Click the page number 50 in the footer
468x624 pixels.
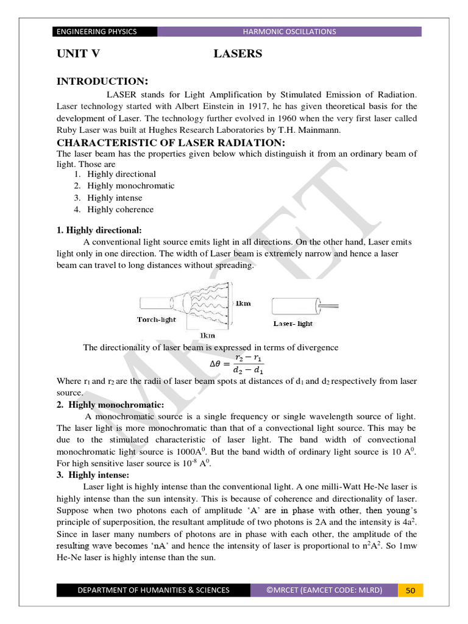410,590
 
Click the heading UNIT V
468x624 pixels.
78,54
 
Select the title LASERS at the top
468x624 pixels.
238,54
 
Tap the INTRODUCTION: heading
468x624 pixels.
102,82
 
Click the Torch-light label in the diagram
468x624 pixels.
157,319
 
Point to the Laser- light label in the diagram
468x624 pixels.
293,324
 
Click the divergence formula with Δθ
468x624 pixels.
236,364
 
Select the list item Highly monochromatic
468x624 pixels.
130,186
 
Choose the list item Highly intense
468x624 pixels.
115,197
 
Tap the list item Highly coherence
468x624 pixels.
120,210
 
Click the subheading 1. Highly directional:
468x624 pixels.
99,230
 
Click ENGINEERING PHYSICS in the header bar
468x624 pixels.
96,32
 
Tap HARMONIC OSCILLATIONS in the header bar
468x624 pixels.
289,32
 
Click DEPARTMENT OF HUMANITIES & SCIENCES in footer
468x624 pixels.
153,590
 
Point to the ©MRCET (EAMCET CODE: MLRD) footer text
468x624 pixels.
324,590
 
